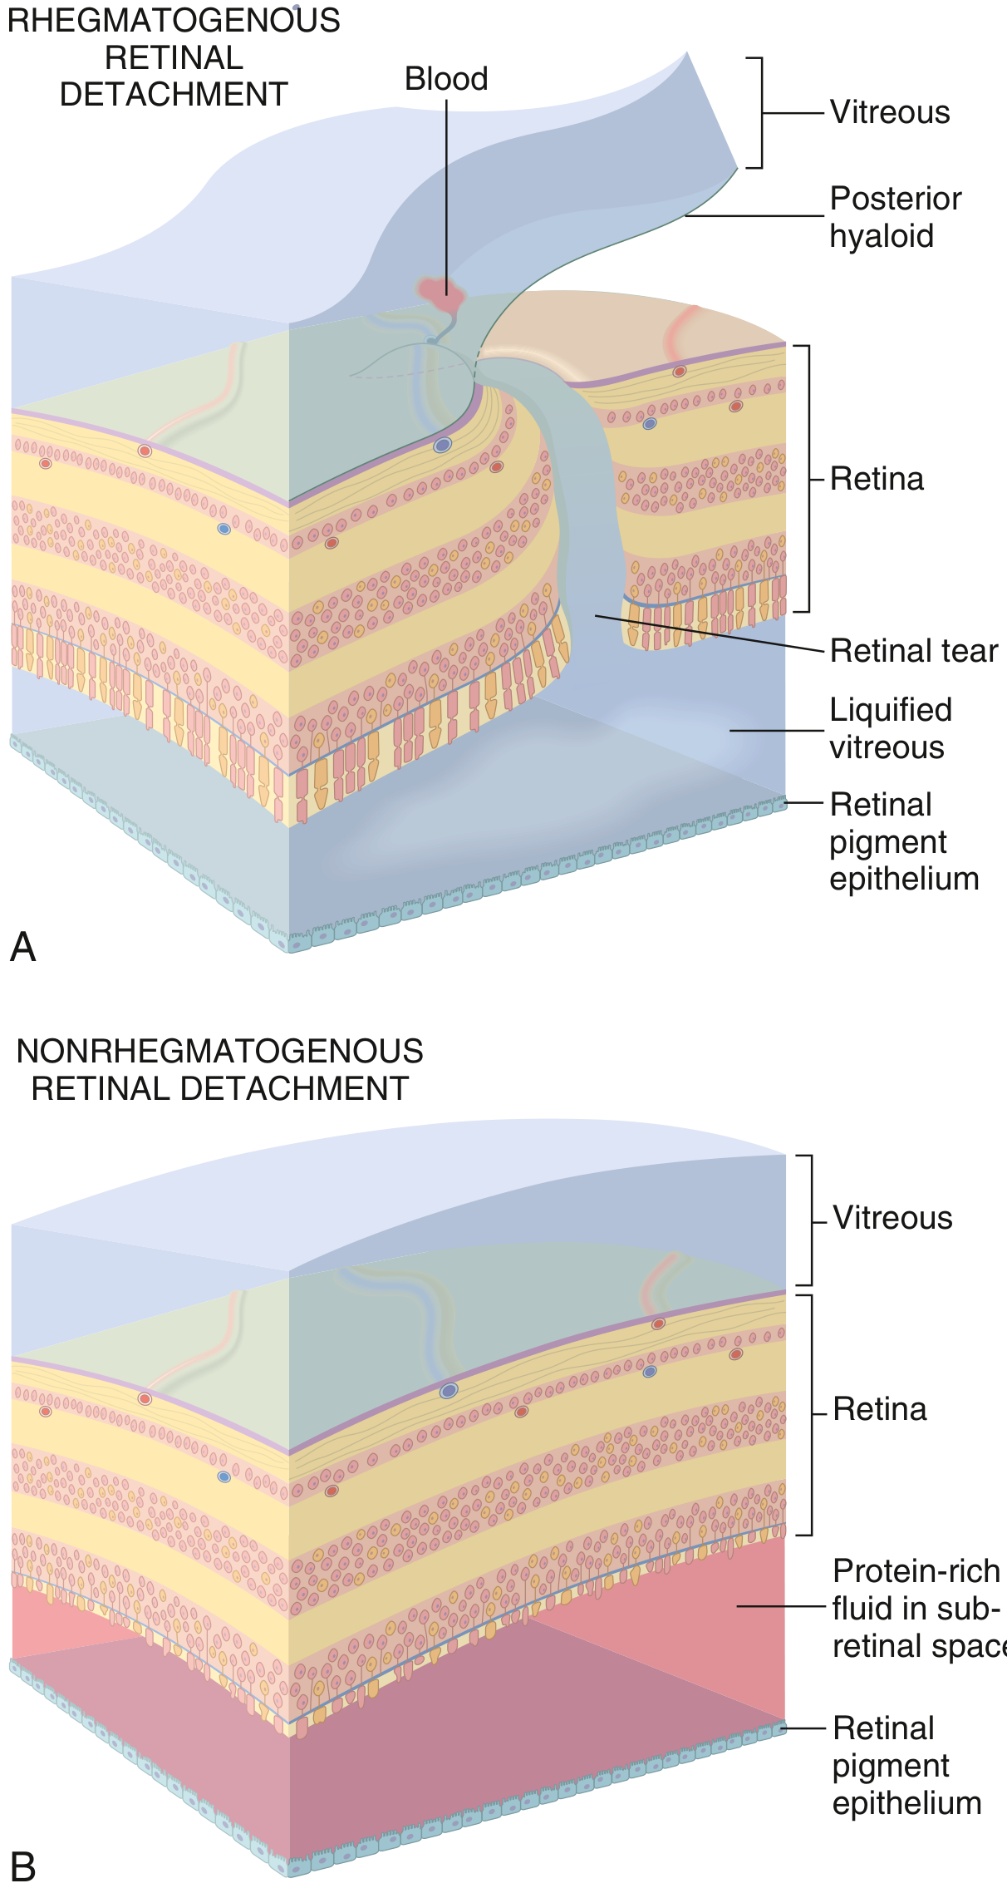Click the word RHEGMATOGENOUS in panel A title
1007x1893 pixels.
pos(174,20)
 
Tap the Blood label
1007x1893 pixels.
pos(446,79)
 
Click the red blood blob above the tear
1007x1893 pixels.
pos(441,293)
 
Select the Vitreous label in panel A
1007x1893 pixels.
pos(890,112)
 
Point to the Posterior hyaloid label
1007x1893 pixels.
pos(895,217)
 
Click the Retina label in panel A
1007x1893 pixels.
pos(877,480)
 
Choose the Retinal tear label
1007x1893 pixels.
pos(914,651)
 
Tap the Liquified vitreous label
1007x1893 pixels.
pos(890,728)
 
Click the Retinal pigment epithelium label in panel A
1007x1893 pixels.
pos(903,841)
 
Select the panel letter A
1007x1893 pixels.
pos(23,947)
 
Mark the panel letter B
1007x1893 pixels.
pos(23,1867)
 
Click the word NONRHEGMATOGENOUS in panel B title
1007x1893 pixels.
pos(220,1052)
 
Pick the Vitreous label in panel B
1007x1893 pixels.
pos(892,1218)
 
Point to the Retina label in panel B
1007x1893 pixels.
pos(879,1410)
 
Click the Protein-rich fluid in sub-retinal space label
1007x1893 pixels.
pos(916,1609)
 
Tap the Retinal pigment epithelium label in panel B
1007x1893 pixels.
pos(906,1766)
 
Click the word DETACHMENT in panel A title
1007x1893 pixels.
pos(174,95)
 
